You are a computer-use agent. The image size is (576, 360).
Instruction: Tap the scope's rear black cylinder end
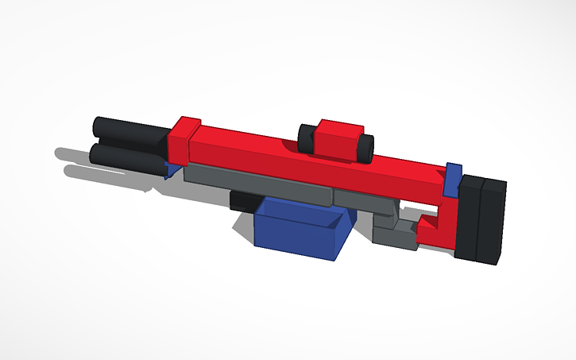point(365,148)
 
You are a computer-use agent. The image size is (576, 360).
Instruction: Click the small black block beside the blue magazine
point(241,200)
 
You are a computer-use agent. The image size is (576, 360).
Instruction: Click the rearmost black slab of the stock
point(493,223)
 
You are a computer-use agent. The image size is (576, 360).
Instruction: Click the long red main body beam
point(318,163)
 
